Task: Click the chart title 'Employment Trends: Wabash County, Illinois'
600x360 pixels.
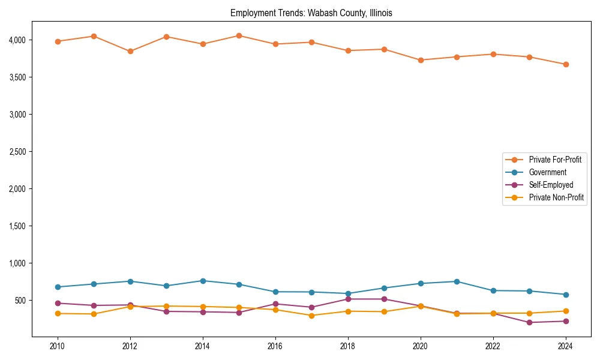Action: pos(311,13)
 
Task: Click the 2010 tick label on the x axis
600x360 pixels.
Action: pos(58,346)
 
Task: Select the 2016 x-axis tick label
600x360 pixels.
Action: pos(275,346)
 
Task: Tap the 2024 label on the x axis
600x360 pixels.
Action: pos(565,346)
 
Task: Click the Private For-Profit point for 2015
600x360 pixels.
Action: pos(239,35)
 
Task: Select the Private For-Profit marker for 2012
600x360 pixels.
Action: pos(130,51)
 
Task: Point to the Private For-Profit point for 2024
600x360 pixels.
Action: pos(565,64)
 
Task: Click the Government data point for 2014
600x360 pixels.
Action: pos(203,281)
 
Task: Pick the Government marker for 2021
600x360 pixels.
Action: pos(457,281)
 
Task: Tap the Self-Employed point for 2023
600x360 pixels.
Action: pos(529,322)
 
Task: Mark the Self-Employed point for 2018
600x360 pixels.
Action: pos(348,299)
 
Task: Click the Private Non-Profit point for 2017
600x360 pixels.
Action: pos(311,316)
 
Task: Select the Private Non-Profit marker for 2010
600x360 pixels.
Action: pos(58,313)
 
